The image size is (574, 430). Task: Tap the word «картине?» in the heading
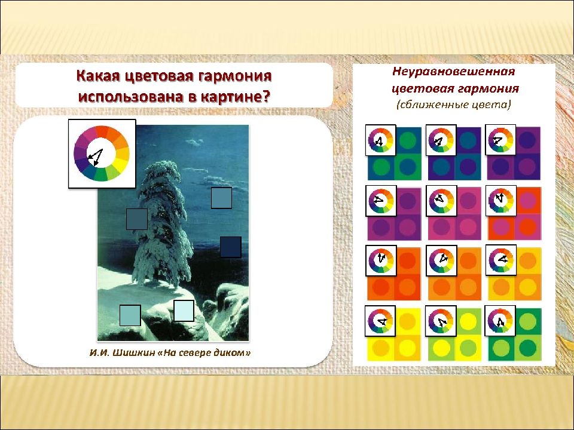(236, 97)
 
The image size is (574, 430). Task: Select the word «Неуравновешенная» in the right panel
(454, 71)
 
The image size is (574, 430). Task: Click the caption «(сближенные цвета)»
(454, 105)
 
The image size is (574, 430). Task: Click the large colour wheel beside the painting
(102, 153)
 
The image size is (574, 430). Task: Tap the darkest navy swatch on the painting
(231, 247)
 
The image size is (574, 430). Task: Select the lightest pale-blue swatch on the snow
(184, 311)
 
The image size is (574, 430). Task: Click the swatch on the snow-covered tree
(137, 219)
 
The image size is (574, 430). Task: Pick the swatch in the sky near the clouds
(221, 198)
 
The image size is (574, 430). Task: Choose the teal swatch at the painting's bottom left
(130, 315)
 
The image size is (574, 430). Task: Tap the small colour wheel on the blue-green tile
(381, 140)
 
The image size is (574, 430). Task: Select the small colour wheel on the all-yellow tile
(380, 321)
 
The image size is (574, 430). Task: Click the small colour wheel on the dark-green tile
(500, 321)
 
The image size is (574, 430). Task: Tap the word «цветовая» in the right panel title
(422, 88)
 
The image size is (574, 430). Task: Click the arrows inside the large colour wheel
(96, 156)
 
